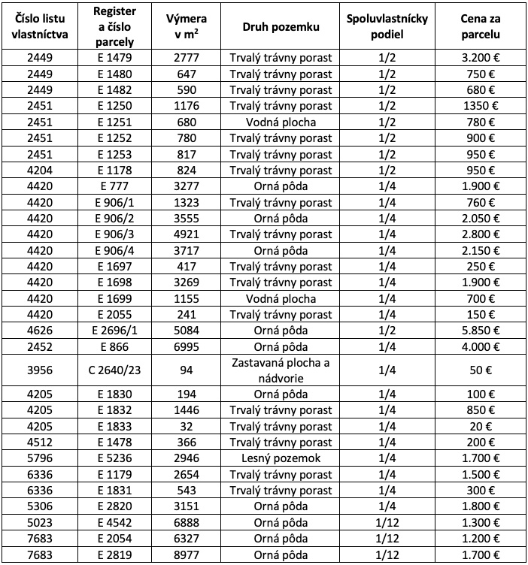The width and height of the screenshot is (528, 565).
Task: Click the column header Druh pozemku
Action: (281, 28)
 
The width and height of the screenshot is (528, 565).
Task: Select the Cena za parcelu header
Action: (481, 28)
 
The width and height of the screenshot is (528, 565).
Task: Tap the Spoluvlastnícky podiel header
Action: (387, 28)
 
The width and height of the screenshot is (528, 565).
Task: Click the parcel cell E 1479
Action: (114, 58)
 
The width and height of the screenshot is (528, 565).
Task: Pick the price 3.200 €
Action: (481, 58)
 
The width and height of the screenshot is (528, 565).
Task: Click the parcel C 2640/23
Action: (114, 369)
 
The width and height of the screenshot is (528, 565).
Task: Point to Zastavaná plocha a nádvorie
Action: (281, 369)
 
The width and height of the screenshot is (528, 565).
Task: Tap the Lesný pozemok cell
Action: (281, 458)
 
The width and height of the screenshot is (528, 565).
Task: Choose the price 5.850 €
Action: (481, 330)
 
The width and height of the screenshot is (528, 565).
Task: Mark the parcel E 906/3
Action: (114, 234)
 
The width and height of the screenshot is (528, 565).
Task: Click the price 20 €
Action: (481, 426)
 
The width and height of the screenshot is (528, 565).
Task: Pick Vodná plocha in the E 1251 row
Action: (281, 122)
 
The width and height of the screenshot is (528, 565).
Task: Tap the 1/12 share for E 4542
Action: (387, 522)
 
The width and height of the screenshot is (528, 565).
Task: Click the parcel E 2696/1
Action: (114, 330)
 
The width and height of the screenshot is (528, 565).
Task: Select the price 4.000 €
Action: (481, 346)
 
